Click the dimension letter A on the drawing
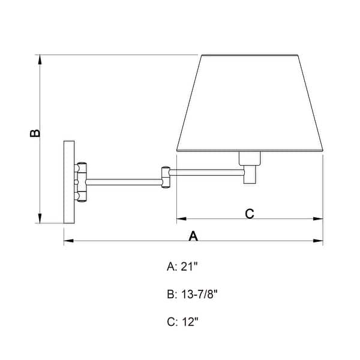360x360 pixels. click(x=193, y=236)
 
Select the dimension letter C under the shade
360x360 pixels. click(x=250, y=213)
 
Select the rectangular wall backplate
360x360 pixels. click(x=69, y=182)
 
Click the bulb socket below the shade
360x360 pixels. click(x=250, y=158)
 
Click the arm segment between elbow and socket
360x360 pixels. click(x=207, y=173)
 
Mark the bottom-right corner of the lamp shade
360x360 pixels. click(x=322, y=150)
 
